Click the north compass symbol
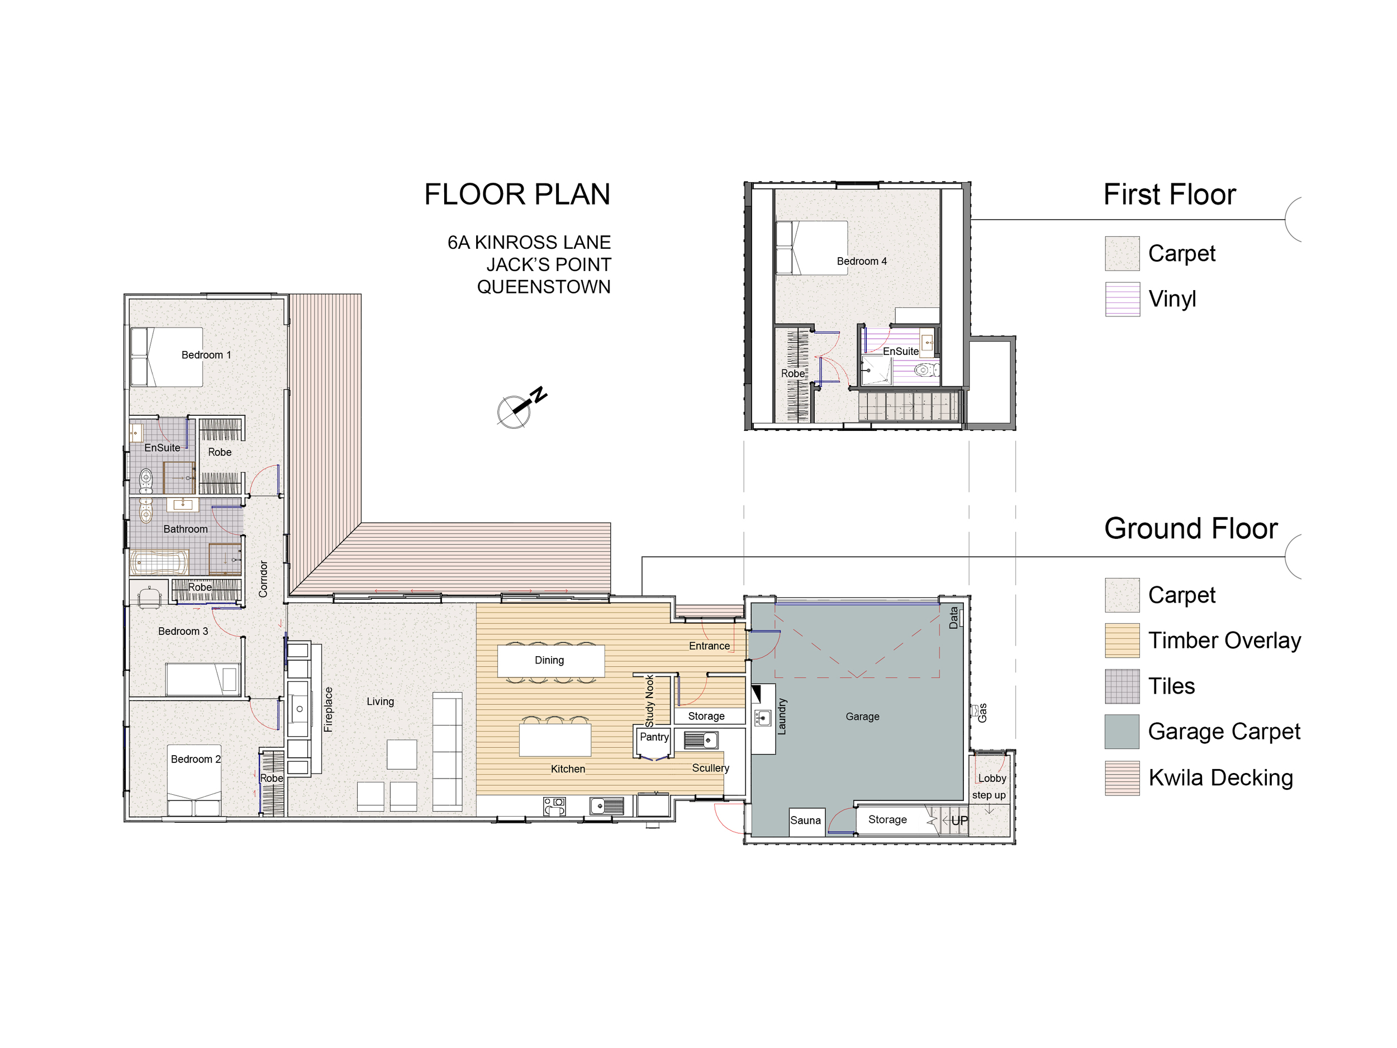coord(520,407)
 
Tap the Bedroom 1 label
coord(206,355)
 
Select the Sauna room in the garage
coord(806,821)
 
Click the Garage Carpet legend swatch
coord(1122,732)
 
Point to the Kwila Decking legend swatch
coord(1122,777)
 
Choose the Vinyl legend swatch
coord(1122,299)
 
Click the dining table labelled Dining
coord(551,660)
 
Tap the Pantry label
coord(654,737)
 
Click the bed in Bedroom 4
coord(811,248)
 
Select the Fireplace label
coord(328,709)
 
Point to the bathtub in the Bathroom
coord(159,562)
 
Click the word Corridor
coord(263,578)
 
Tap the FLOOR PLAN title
coord(517,195)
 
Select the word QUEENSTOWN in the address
coord(544,287)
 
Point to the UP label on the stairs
coord(959,821)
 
